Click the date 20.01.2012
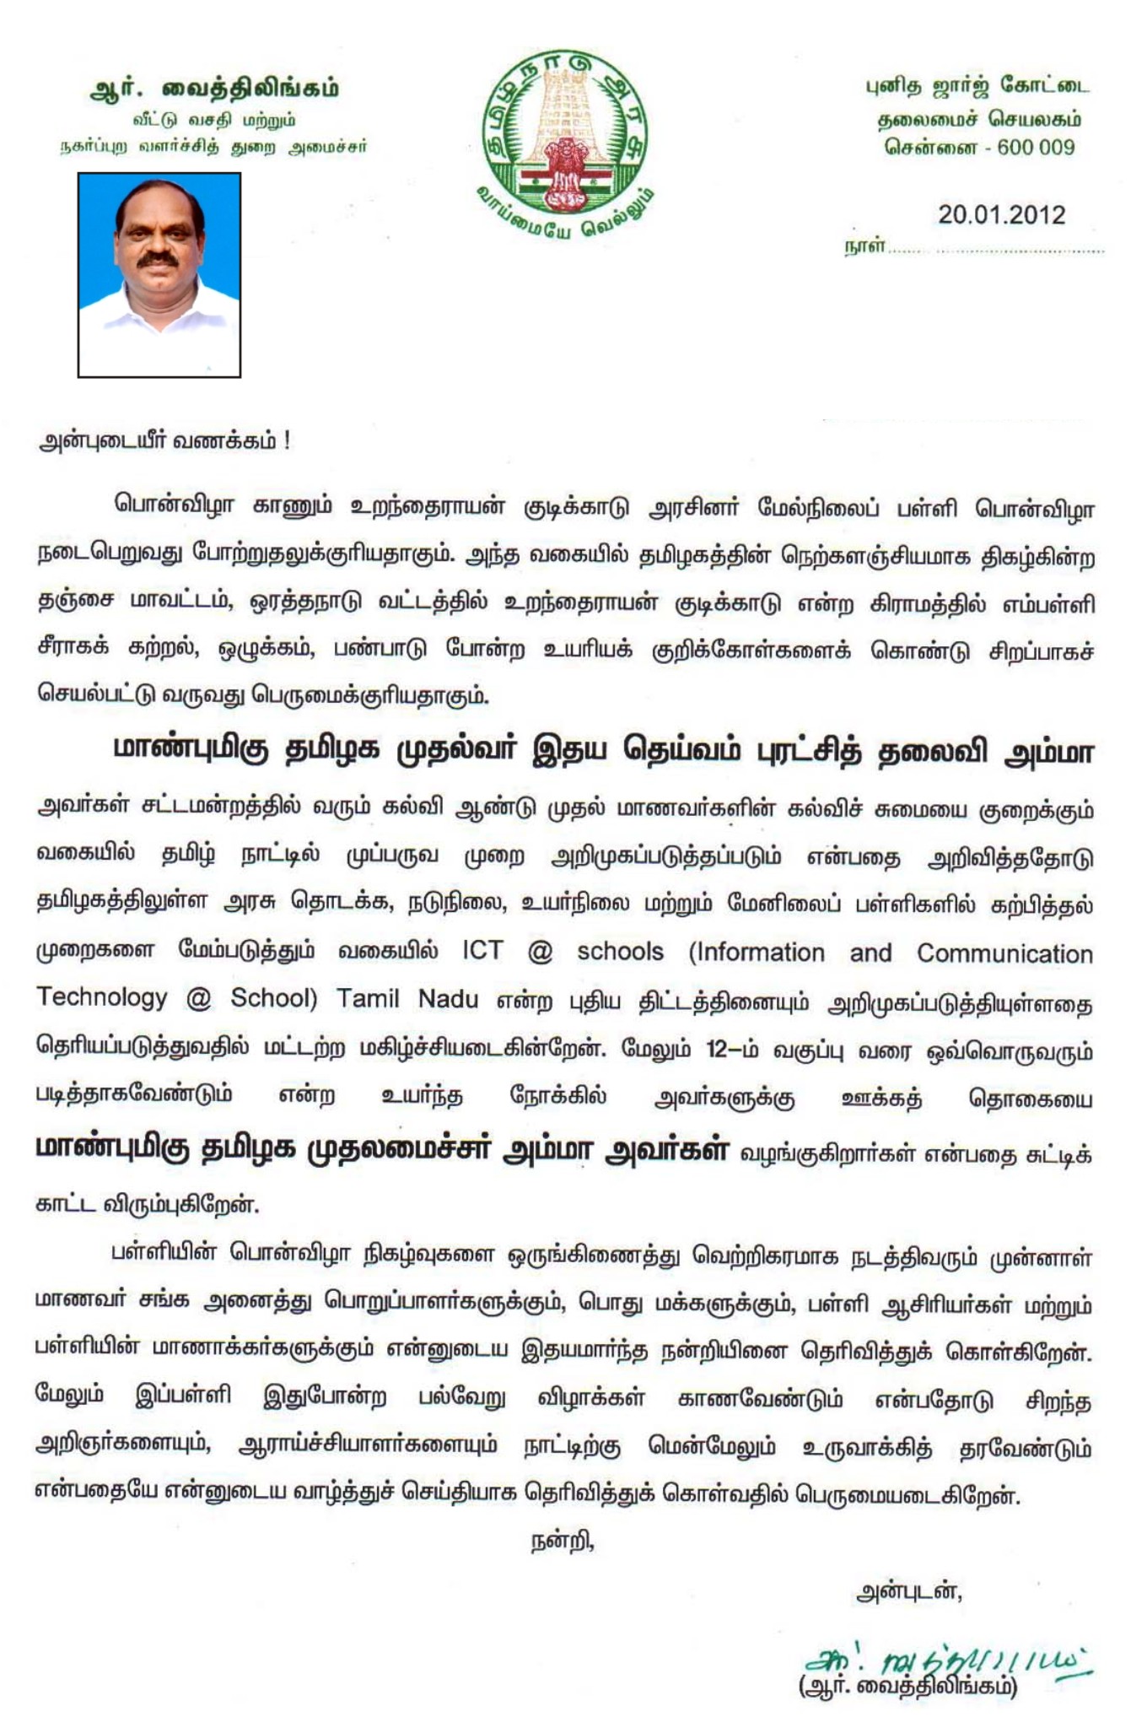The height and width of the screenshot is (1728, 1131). (x=1001, y=214)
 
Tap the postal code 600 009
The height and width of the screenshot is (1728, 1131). (x=1036, y=147)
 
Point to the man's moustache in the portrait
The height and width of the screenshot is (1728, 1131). (x=160, y=260)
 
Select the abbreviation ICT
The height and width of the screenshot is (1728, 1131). (x=482, y=952)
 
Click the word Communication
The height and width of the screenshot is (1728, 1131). (x=1004, y=953)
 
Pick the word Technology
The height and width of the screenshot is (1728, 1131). (x=101, y=998)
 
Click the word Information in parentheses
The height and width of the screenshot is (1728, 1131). (x=757, y=953)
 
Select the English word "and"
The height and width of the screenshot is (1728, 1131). (x=870, y=953)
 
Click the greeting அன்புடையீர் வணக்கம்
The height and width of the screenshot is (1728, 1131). (x=164, y=442)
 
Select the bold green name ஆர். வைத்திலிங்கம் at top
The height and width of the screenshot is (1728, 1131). (x=214, y=89)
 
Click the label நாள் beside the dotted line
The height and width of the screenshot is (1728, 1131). (x=864, y=246)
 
